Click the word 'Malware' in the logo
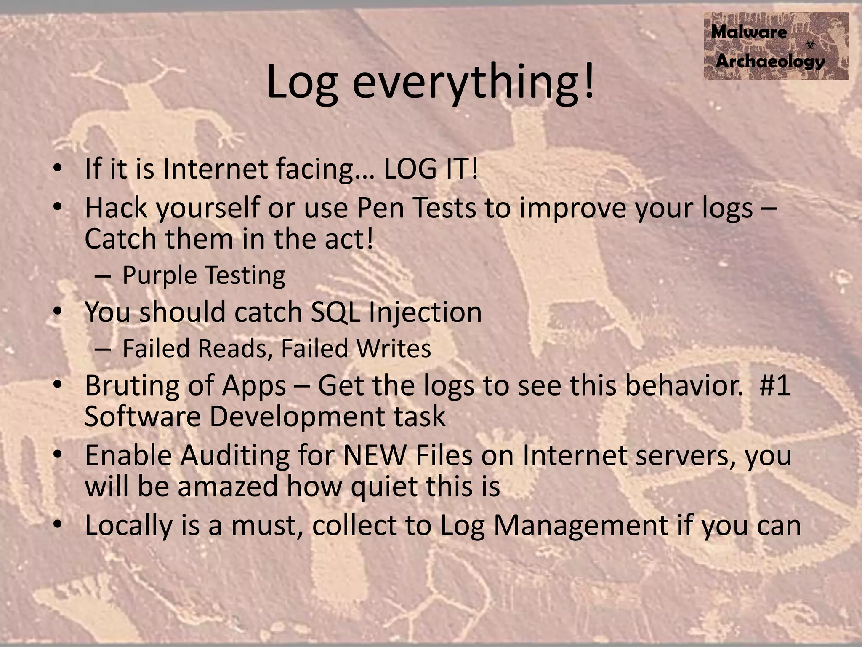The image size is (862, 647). coord(749,32)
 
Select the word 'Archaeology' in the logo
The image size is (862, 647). coord(770,61)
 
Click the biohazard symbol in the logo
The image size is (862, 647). coord(810,44)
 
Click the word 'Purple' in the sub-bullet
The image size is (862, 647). coord(160,275)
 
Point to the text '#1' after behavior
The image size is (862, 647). coord(774,385)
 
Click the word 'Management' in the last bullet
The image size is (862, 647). coord(580,525)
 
